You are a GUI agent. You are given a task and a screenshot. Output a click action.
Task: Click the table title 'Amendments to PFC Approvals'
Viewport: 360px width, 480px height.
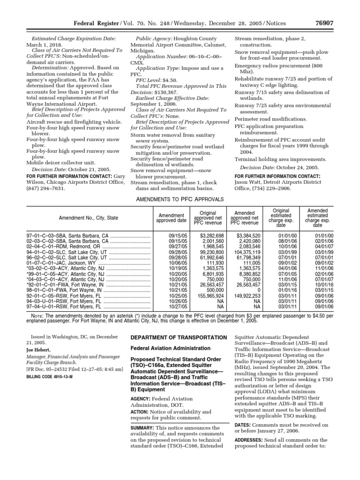[180, 199]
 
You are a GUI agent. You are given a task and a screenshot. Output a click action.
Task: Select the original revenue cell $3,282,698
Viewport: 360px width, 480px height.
[212, 235]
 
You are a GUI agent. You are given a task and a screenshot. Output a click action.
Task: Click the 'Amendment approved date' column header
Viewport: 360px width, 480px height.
[171, 217]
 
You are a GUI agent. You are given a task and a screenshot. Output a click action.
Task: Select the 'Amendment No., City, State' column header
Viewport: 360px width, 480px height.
[88, 218]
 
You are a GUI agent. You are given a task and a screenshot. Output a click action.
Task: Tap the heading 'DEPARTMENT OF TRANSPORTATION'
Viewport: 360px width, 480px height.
[178, 337]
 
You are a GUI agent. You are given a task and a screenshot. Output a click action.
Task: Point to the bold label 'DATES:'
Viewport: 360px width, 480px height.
[243, 425]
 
